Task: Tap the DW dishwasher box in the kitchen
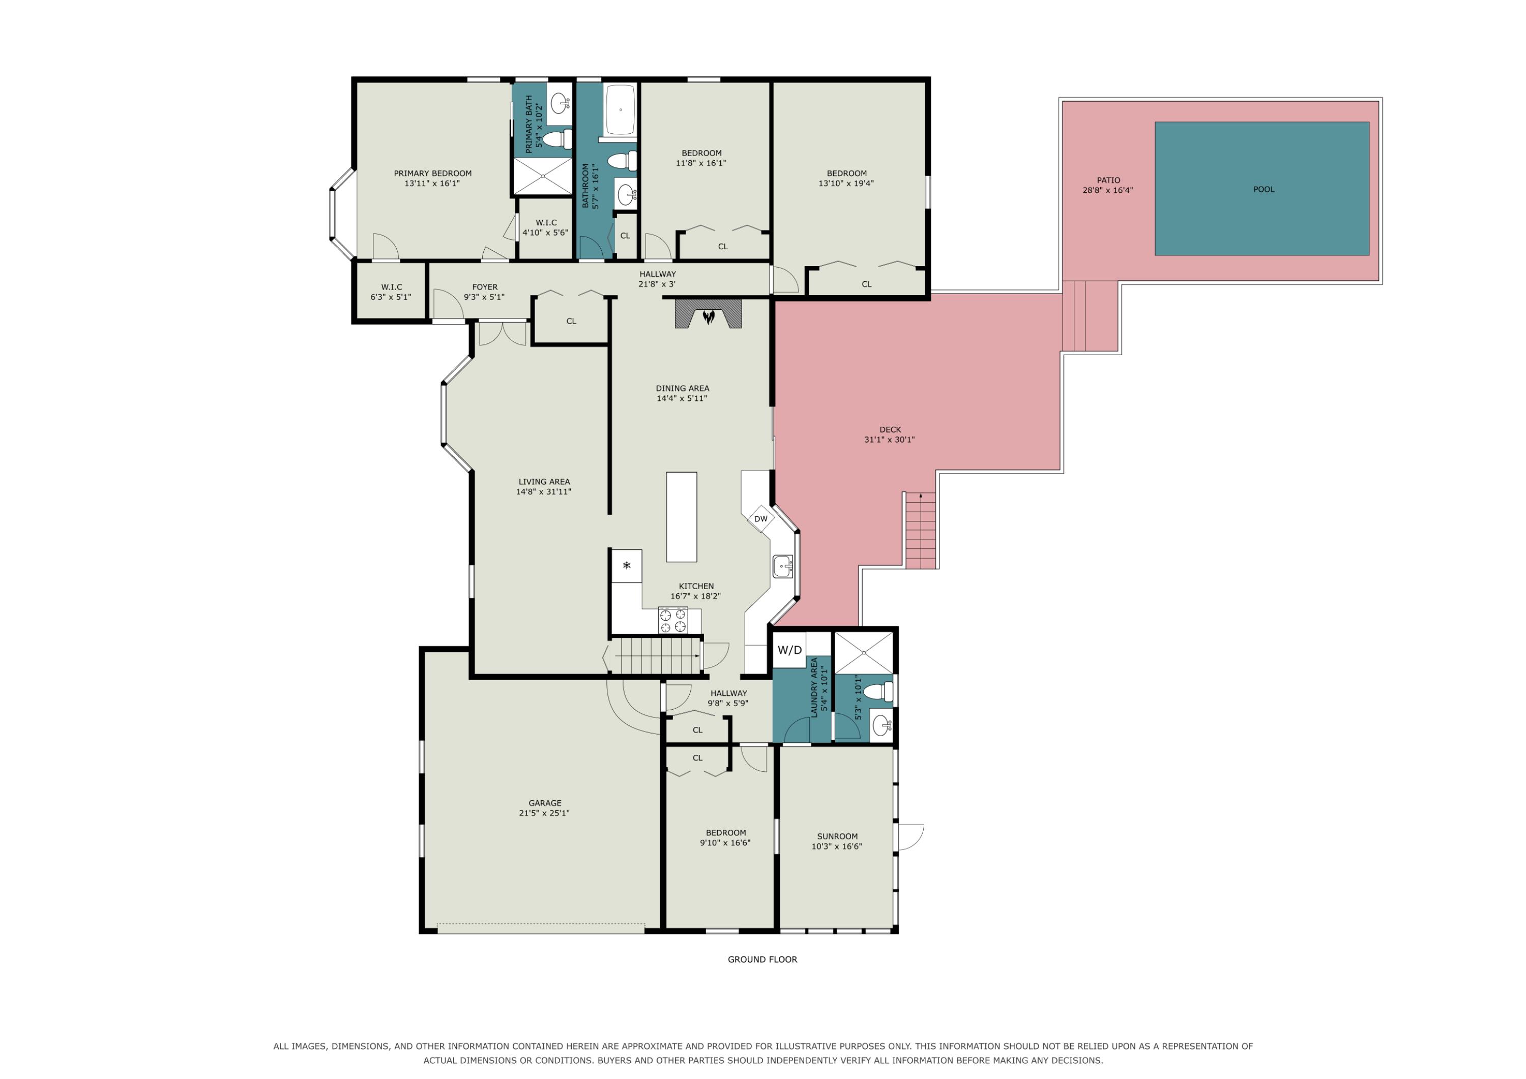pyautogui.click(x=761, y=518)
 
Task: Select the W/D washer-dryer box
pyautogui.click(x=789, y=650)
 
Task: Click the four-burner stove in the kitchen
pyautogui.click(x=672, y=620)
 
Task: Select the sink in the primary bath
pyautogui.click(x=560, y=103)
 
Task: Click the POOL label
pyautogui.click(x=1264, y=189)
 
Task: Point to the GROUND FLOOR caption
pyautogui.click(x=762, y=959)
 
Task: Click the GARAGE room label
pyautogui.click(x=545, y=803)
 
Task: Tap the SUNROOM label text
pyautogui.click(x=837, y=836)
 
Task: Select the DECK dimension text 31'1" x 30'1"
pyautogui.click(x=889, y=440)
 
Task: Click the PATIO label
pyautogui.click(x=1108, y=180)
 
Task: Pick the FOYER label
pyautogui.click(x=485, y=287)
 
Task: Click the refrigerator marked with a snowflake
pyautogui.click(x=627, y=566)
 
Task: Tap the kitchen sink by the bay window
pyautogui.click(x=782, y=566)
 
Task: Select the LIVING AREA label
pyautogui.click(x=544, y=482)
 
